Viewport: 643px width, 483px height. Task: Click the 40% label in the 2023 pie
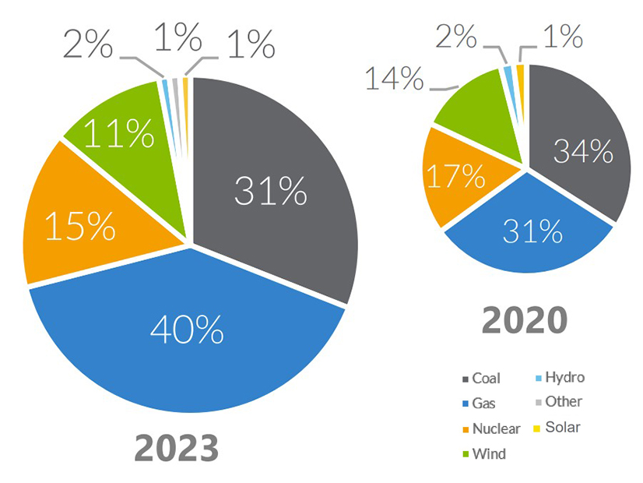pos(187,331)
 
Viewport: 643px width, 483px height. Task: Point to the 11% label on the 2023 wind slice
pos(118,135)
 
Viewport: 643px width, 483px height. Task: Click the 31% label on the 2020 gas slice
pos(532,230)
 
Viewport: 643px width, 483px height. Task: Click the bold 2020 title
pos(523,319)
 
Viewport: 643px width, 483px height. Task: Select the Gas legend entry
pos(483,404)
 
